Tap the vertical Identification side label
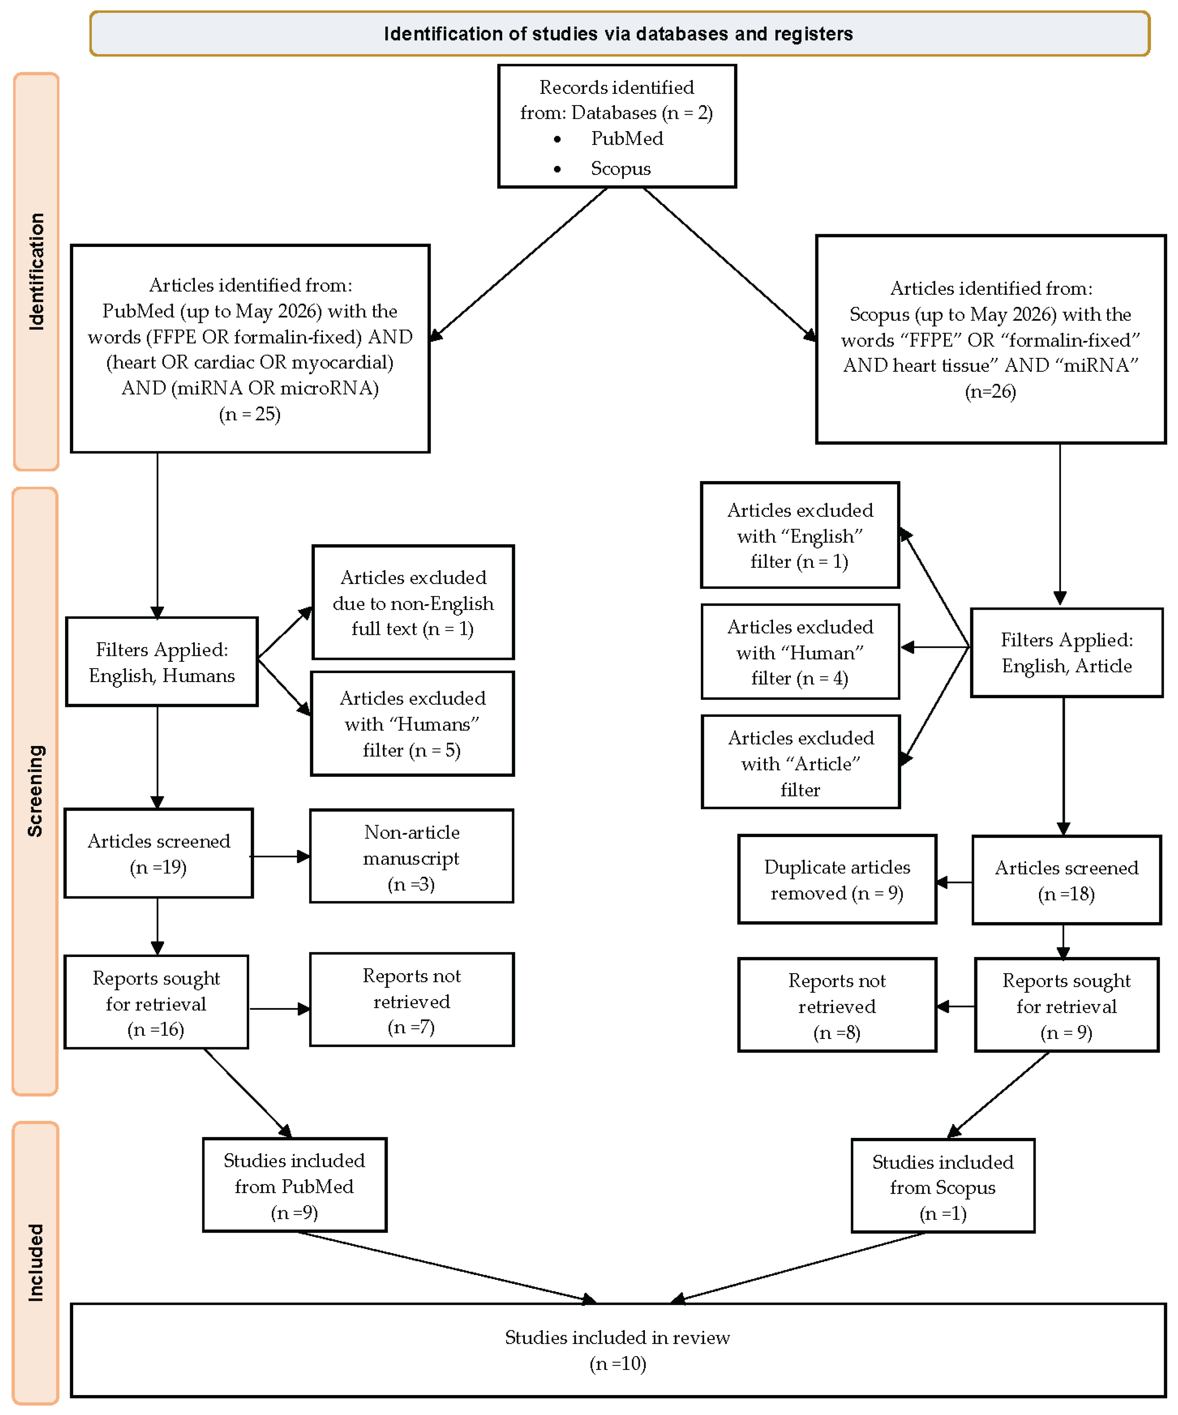tap(36, 272)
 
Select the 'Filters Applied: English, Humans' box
tap(162, 662)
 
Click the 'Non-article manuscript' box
tap(412, 856)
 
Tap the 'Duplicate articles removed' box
tap(837, 879)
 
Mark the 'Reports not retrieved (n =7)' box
tap(412, 999)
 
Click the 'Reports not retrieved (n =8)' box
tap(837, 1005)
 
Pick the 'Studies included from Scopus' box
tap(943, 1186)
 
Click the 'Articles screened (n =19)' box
tap(158, 853)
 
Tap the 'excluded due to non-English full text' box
tap(413, 602)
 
